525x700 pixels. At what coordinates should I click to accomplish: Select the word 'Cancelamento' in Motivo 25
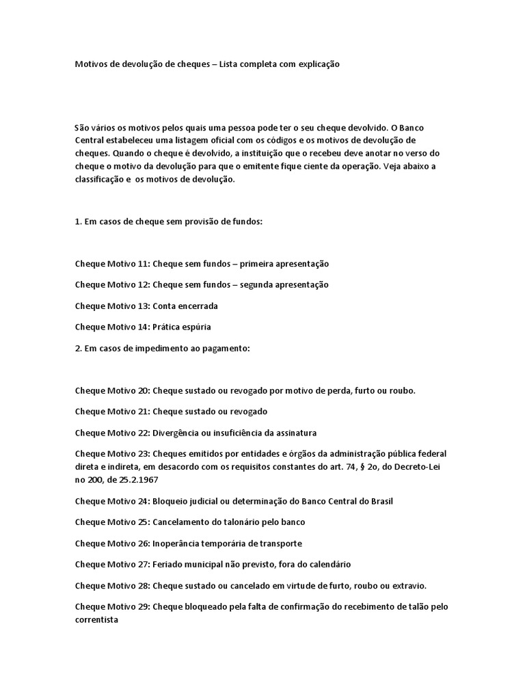click(181, 522)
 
